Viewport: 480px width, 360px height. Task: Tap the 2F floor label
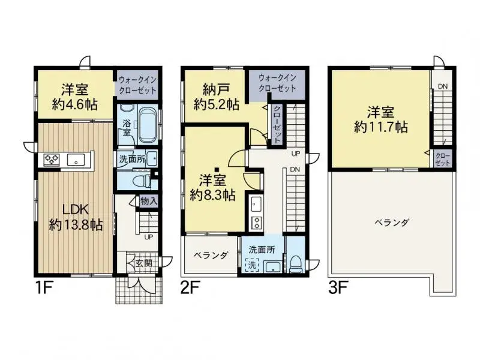pyautogui.click(x=189, y=287)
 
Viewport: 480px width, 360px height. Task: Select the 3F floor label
pyautogui.click(x=338, y=287)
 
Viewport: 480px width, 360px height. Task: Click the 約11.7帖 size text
pyautogui.click(x=380, y=127)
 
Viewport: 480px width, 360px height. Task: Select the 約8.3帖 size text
pyautogui.click(x=212, y=194)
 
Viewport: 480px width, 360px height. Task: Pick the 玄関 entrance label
pyautogui.click(x=143, y=262)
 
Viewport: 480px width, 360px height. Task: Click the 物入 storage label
pyautogui.click(x=149, y=201)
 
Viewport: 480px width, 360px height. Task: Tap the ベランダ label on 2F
pyautogui.click(x=211, y=255)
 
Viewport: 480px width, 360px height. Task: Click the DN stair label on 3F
pyautogui.click(x=442, y=88)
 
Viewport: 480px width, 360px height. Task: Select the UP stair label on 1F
pyautogui.click(x=148, y=236)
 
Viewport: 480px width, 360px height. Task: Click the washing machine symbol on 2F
pyautogui.click(x=251, y=265)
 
